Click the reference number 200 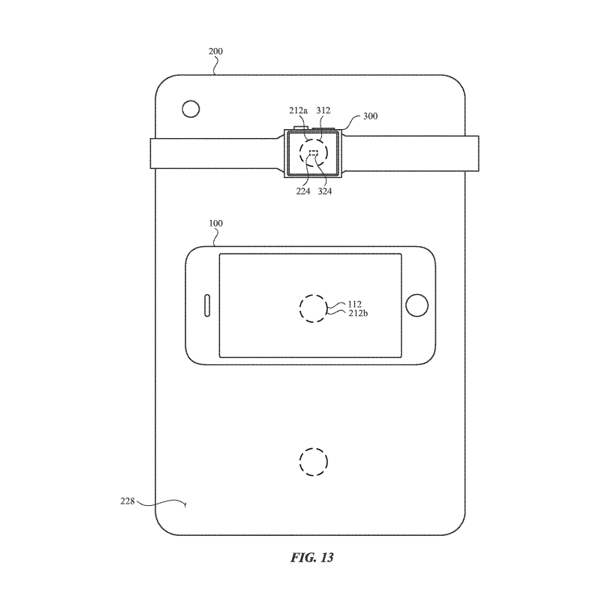click(215, 51)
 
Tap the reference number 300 click(370, 116)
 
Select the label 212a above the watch click(298, 110)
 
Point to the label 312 click(324, 110)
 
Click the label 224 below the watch click(303, 191)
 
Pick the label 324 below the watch click(325, 191)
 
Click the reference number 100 click(215, 224)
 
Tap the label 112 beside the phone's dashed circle click(355, 305)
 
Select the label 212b click(358, 313)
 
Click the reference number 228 click(127, 501)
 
